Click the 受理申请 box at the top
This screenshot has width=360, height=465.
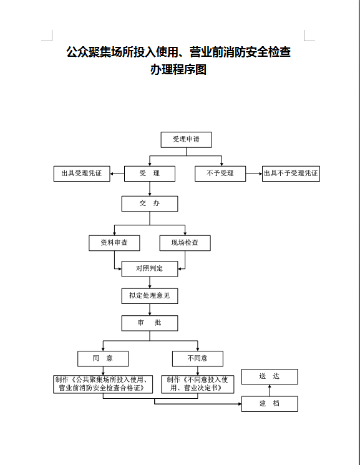click(x=186, y=140)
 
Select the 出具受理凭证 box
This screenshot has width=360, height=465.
click(x=82, y=174)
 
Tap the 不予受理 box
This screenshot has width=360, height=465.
click(x=220, y=174)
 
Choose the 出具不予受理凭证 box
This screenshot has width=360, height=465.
click(x=291, y=174)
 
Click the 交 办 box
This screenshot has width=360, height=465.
click(x=150, y=203)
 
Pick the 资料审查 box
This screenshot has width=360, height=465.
click(x=114, y=243)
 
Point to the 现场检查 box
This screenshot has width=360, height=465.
click(x=185, y=243)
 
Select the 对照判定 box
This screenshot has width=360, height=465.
click(x=150, y=269)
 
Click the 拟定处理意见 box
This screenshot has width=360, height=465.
click(x=150, y=296)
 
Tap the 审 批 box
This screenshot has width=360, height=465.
click(x=150, y=323)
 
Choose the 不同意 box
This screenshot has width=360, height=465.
click(x=198, y=359)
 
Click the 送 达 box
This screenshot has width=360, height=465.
click(x=270, y=376)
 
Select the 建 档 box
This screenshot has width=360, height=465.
click(x=270, y=404)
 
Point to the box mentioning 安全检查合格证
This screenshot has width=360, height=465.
click(x=103, y=384)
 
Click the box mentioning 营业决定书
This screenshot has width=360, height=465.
click(x=198, y=384)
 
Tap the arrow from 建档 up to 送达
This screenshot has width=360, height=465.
click(x=270, y=390)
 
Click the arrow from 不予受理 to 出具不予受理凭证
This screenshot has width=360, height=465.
click(x=254, y=174)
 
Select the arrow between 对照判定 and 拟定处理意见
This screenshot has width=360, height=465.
click(x=150, y=283)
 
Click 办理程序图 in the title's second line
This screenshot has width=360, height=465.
click(x=178, y=70)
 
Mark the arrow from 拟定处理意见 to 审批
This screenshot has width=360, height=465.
click(x=150, y=310)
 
